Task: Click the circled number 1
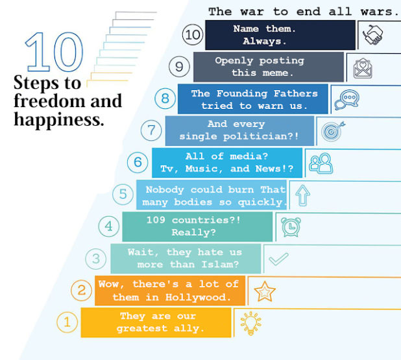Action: point(67,322)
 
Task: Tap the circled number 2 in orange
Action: point(81,290)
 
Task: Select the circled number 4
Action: point(109,226)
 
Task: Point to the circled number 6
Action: point(138,162)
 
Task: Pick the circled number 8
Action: point(165,99)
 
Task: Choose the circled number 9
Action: point(179,66)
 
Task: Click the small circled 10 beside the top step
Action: point(193,35)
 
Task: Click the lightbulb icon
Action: point(251,323)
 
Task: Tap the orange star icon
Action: point(265,291)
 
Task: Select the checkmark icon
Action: point(278,259)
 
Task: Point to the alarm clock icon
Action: point(291,227)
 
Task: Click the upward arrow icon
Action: point(302,195)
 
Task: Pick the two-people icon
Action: point(321,163)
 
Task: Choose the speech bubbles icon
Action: point(346,100)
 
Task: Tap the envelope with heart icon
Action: point(363,68)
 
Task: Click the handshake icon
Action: point(372,35)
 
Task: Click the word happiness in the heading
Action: point(59,119)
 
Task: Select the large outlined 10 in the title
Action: point(55,52)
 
